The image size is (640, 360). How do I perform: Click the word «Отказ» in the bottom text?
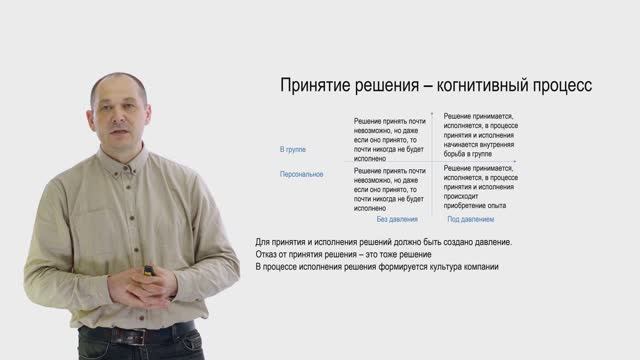click(267, 255)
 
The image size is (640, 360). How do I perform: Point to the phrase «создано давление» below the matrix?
click(479, 242)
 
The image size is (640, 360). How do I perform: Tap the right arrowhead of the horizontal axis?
click(515, 161)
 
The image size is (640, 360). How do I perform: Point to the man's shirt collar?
click(120, 163)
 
